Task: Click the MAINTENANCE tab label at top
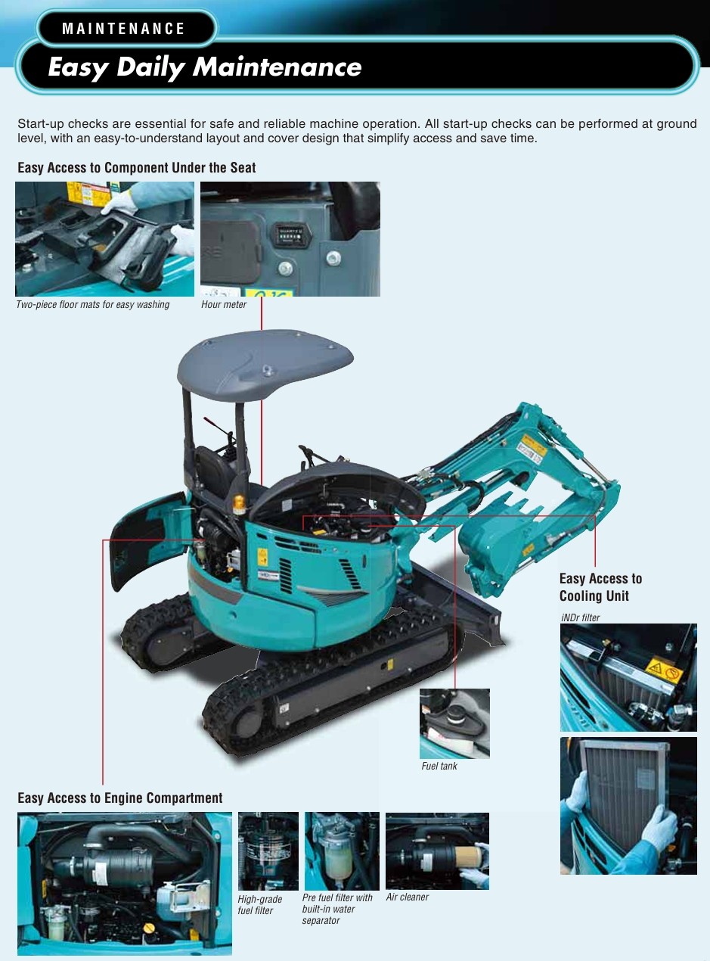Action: [123, 29]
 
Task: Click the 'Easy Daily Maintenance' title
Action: [204, 67]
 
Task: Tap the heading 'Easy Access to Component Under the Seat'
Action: [136, 168]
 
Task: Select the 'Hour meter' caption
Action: [223, 305]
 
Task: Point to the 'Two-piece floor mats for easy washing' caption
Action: [93, 305]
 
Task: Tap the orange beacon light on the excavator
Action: [239, 504]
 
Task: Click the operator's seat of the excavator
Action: [213, 474]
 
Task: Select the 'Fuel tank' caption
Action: [439, 766]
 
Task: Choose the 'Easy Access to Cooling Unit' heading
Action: [600, 587]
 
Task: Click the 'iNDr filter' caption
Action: [580, 617]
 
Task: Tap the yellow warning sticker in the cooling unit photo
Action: [664, 670]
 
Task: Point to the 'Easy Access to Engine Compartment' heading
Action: [120, 798]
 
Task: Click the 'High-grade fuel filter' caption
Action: [260, 905]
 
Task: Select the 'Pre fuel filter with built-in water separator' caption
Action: [337, 909]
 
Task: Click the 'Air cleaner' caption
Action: [407, 897]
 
